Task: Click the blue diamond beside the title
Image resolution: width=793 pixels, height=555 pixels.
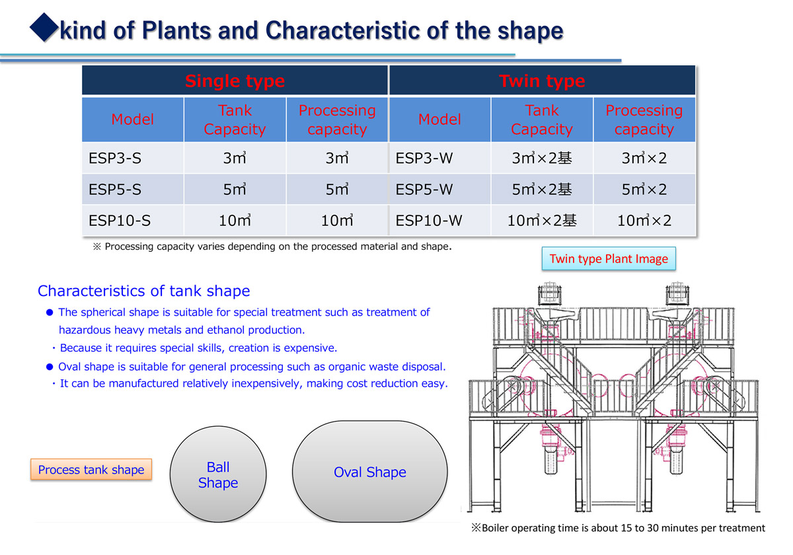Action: click(x=44, y=27)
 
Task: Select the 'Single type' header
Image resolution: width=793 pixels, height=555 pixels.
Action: click(x=235, y=81)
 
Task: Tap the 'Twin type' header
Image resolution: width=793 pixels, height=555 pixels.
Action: click(x=542, y=81)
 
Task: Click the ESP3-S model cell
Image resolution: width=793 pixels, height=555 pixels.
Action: click(x=133, y=158)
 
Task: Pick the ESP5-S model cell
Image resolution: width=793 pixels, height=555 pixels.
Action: click(x=133, y=189)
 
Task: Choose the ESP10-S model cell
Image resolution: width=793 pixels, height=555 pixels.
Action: click(x=133, y=220)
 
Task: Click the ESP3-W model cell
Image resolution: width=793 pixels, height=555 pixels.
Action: click(x=439, y=158)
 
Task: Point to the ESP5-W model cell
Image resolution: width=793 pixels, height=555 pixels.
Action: click(x=439, y=189)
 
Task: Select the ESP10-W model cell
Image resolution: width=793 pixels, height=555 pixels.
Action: click(x=439, y=220)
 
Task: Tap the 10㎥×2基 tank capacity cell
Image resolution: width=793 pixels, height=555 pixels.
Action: click(x=542, y=220)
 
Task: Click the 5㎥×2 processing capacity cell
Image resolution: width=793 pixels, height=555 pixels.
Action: click(x=644, y=189)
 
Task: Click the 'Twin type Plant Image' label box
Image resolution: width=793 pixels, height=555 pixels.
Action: click(x=609, y=259)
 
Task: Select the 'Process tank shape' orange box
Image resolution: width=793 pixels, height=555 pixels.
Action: click(x=91, y=469)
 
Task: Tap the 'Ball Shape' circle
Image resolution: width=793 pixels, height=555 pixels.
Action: click(x=218, y=474)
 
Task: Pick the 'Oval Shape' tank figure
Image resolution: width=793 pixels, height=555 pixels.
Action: click(x=370, y=472)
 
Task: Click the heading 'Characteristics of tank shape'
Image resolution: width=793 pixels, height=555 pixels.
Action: click(x=144, y=291)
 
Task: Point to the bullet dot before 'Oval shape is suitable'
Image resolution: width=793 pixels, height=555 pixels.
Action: click(x=50, y=367)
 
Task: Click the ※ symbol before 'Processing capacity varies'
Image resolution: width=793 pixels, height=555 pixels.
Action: click(x=96, y=246)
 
